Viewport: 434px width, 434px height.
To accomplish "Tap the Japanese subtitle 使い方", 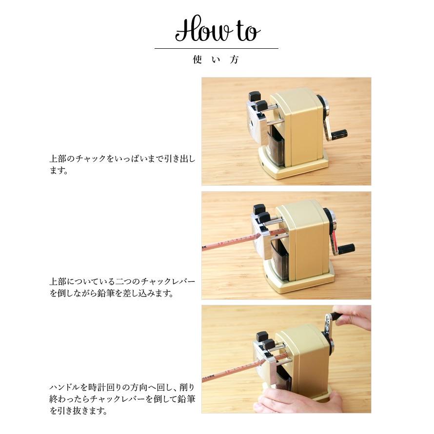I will (216, 60).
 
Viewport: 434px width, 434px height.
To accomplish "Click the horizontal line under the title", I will (216, 49).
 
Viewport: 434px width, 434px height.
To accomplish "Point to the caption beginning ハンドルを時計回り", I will (122, 398).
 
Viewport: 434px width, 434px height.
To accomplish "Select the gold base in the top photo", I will (293, 168).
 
